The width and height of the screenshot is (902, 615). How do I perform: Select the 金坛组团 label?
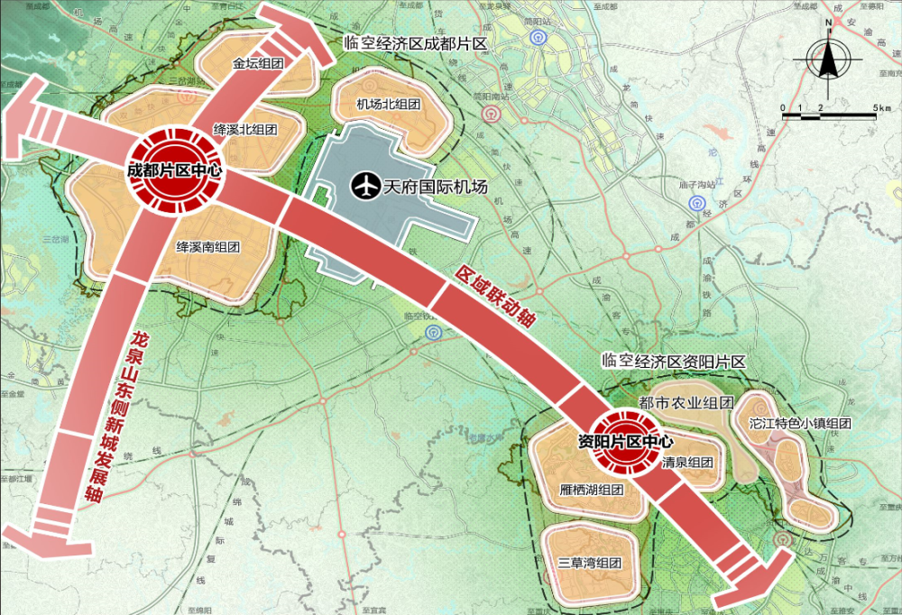pos(258,64)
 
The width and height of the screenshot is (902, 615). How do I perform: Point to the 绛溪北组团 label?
pos(244,128)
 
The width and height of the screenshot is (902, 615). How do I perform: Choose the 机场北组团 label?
pos(389,104)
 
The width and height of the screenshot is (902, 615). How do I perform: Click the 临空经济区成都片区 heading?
pos(415,43)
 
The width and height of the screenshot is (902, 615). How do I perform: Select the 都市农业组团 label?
pos(685,402)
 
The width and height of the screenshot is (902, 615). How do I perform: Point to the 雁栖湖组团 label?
pos(592,490)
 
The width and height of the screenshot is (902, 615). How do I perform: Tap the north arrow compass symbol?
pos(826,60)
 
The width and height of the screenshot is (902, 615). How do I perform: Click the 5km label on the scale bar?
pos(882,109)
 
